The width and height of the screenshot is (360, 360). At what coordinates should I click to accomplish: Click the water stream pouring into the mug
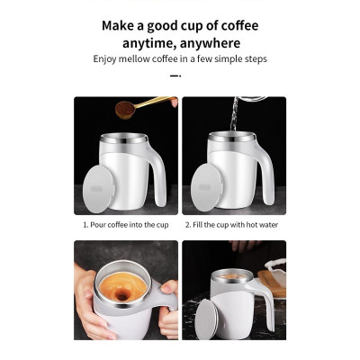233,117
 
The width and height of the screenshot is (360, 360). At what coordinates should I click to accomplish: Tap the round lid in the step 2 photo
206,187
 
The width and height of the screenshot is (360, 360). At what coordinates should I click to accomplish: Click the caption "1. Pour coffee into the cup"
125,225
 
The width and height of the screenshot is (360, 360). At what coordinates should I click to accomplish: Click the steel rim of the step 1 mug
125,142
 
